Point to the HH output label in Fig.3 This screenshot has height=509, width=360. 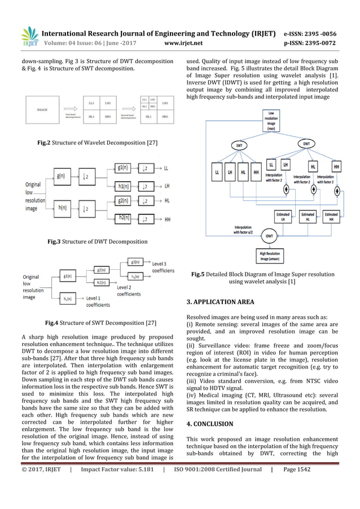pos(168,217)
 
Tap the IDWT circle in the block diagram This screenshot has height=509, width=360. pos(270,236)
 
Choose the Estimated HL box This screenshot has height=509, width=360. pos(308,217)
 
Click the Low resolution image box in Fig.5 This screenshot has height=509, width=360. pos(272,120)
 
